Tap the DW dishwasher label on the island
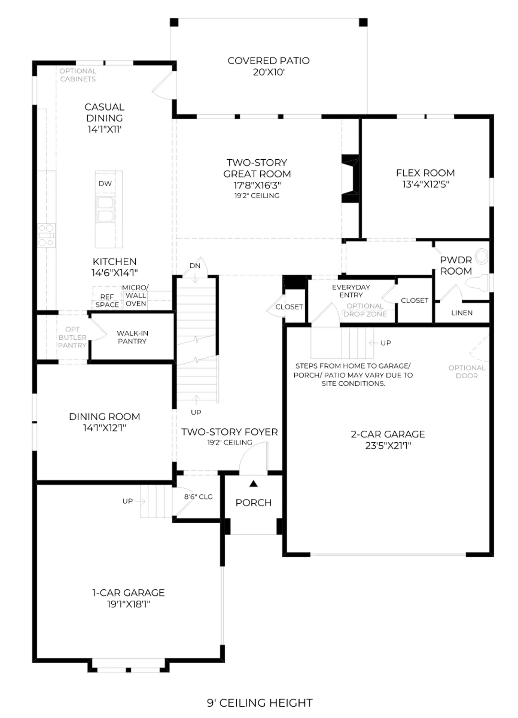(x=105, y=184)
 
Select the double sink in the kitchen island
(x=105, y=210)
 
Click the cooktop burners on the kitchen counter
(x=46, y=235)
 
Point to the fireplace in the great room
(x=350, y=179)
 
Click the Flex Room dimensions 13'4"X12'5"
(x=425, y=184)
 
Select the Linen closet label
(x=462, y=313)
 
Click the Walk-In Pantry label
(x=132, y=337)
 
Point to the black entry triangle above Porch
(x=253, y=484)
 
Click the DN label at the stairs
(x=195, y=266)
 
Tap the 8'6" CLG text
(x=198, y=497)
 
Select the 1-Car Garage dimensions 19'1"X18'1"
(x=129, y=604)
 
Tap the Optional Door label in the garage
(x=467, y=372)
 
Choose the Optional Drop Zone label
(x=365, y=310)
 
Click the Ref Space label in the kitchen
(x=107, y=301)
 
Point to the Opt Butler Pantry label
(x=72, y=337)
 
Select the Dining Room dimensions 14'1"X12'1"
(x=104, y=428)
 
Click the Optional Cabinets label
(x=78, y=75)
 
